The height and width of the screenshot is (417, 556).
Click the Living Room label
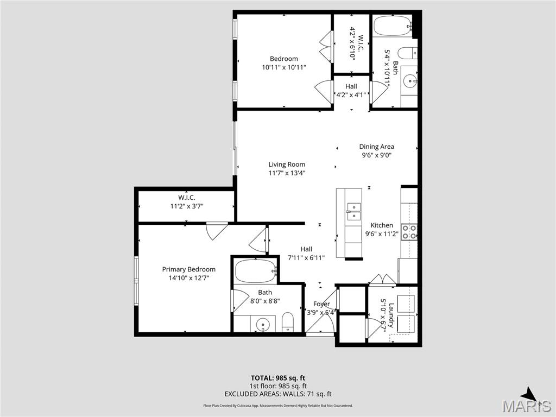coord(287,165)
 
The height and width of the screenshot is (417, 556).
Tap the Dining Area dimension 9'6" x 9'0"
coord(376,155)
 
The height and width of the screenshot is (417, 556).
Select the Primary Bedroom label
coord(188,269)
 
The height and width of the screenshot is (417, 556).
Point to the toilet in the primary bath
coord(288,323)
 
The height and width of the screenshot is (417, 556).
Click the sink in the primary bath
coord(263,324)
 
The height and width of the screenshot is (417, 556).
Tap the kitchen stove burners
coord(409,232)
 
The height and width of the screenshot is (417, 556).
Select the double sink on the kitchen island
coord(354,211)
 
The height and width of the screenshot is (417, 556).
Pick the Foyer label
coord(321,304)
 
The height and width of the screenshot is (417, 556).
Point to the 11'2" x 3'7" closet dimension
coord(186,206)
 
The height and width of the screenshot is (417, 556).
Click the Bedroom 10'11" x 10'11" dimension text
coord(284,68)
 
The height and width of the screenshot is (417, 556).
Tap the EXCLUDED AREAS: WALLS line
coord(277,394)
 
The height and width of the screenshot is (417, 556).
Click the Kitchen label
coord(382,225)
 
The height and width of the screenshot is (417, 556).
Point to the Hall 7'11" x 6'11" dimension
coord(306,258)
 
